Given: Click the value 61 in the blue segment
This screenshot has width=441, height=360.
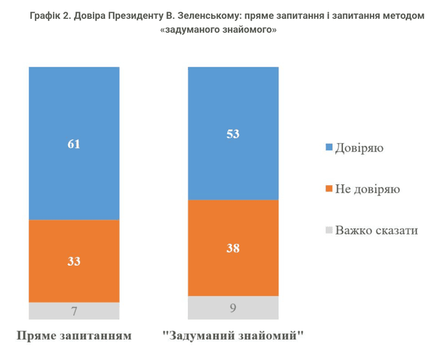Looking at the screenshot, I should pyautogui.click(x=74, y=144).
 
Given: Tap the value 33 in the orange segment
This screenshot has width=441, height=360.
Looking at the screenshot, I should pyautogui.click(x=74, y=261).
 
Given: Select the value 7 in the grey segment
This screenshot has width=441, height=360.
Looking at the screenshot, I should pyautogui.click(x=74, y=311).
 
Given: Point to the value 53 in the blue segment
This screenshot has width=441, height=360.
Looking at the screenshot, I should pyautogui.click(x=233, y=134).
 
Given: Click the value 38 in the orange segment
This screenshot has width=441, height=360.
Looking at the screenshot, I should pyautogui.click(x=233, y=247).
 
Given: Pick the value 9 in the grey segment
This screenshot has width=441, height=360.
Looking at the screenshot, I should pyautogui.click(x=233, y=308).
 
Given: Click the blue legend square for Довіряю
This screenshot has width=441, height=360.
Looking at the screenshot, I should pyautogui.click(x=329, y=148).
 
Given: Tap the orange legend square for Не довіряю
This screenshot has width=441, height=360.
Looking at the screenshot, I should pyautogui.click(x=329, y=189).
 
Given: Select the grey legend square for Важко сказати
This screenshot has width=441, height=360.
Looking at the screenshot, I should pyautogui.click(x=329, y=230).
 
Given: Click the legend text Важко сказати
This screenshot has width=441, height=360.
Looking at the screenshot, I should pyautogui.click(x=377, y=230).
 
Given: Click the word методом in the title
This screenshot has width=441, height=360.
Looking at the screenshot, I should pyautogui.click(x=398, y=16).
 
